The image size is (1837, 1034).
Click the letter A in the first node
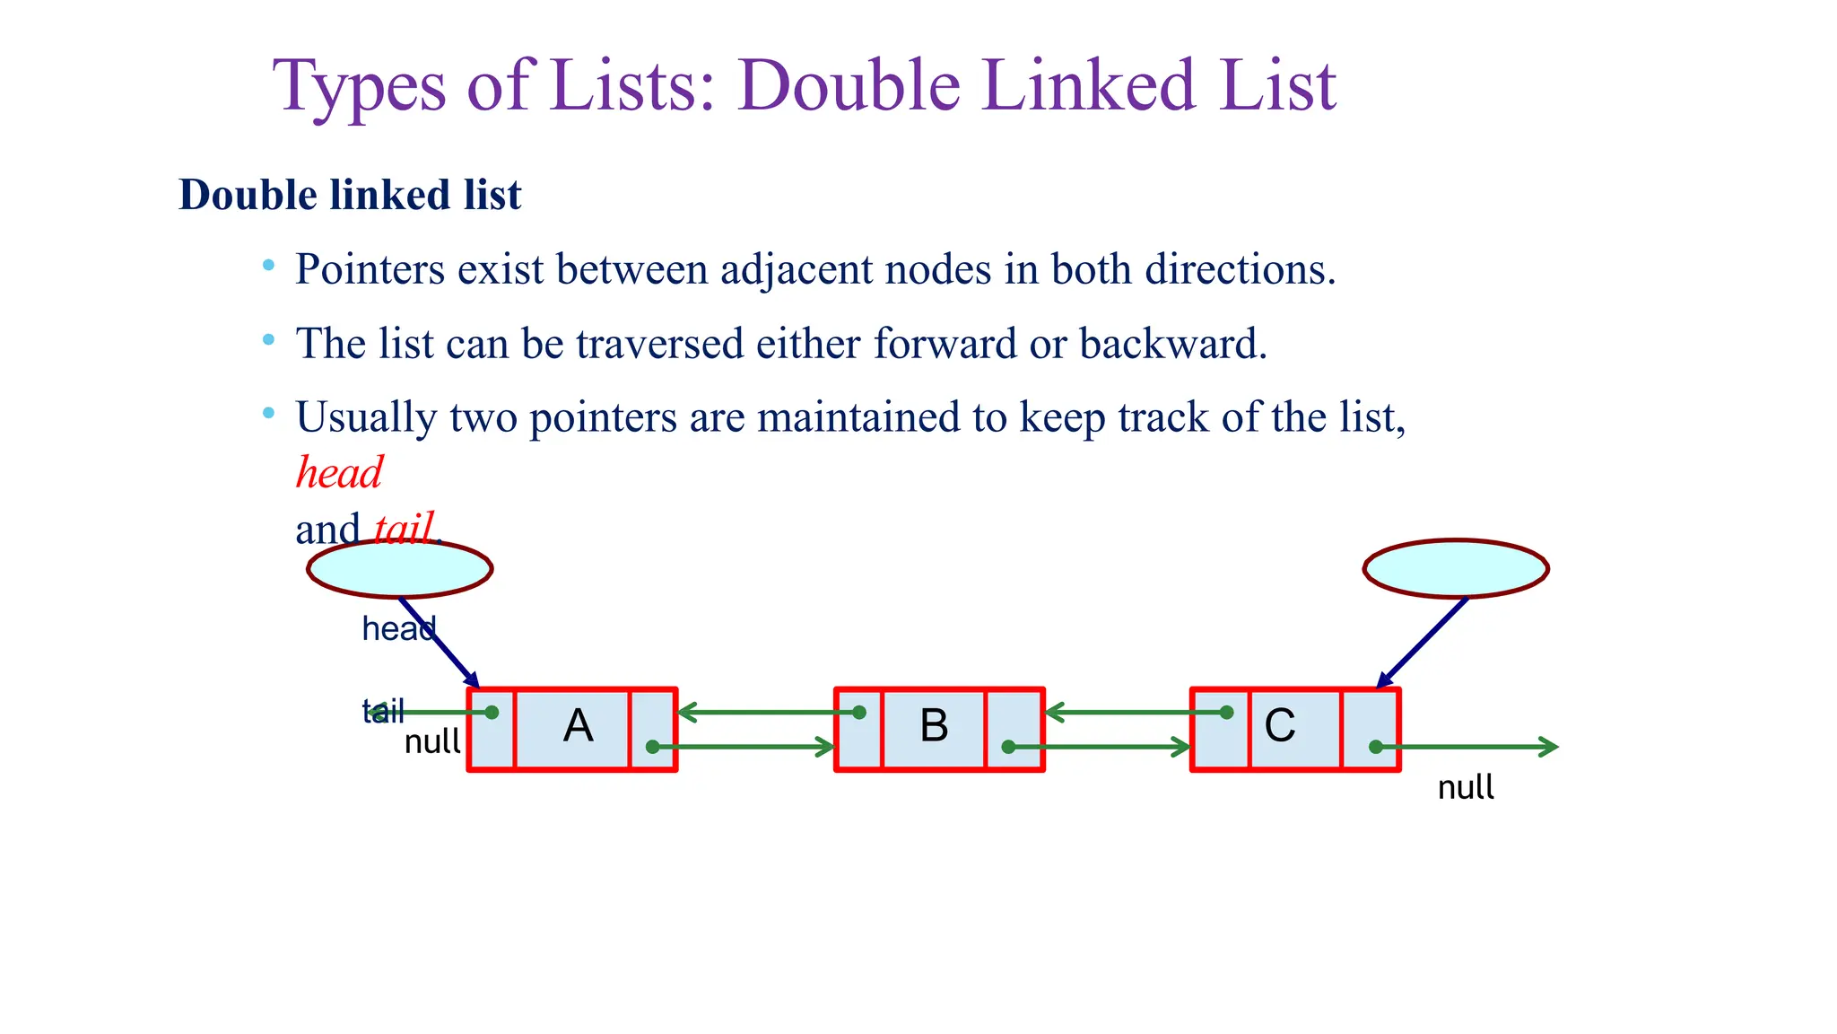(x=578, y=726)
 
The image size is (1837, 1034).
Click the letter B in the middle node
(x=934, y=725)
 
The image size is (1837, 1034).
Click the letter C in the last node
(x=1280, y=725)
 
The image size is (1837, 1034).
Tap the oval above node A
(x=400, y=569)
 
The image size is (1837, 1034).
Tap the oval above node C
(x=1456, y=569)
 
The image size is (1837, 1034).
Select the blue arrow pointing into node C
(x=1423, y=643)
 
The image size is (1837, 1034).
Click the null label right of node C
(x=1466, y=787)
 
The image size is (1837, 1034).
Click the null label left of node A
(x=432, y=741)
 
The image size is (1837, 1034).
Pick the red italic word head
(x=339, y=472)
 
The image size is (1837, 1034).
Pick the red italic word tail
(x=404, y=528)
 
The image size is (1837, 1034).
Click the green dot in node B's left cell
(x=859, y=713)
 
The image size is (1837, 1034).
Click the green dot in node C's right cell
(x=1375, y=747)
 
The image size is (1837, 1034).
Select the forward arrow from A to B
(x=744, y=747)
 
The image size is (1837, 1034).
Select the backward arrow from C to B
(x=1136, y=713)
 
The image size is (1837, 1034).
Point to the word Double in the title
(x=849, y=86)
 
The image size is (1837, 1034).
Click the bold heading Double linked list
(x=350, y=195)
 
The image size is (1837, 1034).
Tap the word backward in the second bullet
(x=1172, y=344)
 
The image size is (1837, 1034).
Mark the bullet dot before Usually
(x=268, y=414)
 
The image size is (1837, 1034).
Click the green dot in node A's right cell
(x=653, y=747)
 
